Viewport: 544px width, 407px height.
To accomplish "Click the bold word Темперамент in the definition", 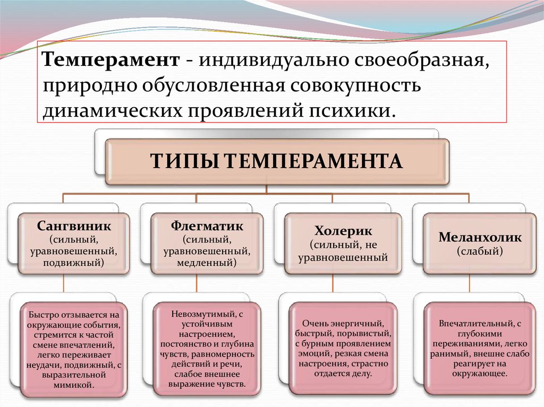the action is pos(111,60).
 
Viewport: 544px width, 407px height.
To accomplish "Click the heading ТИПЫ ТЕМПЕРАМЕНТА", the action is pos(276,161).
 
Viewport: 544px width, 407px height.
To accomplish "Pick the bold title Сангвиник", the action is pos(74,226).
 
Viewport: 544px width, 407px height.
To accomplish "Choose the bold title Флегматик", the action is pos(207,226).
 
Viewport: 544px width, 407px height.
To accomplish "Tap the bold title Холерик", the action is pos(343,231).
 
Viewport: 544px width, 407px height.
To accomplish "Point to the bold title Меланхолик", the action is pos(480,237).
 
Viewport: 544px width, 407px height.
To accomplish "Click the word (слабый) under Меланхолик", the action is pos(480,250).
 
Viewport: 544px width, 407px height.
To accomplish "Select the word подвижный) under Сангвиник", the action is pos(73,263).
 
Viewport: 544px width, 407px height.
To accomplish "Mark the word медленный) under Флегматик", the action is pos(207,263).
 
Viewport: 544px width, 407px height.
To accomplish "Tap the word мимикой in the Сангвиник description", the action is pos(74,385).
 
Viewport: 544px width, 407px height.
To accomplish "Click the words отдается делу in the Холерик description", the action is pos(343,374).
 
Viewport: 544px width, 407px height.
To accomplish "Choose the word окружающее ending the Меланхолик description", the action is pos(480,374).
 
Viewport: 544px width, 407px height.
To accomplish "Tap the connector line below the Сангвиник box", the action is pos(64,284).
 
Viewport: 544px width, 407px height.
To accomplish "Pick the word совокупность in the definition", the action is pos(355,86).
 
